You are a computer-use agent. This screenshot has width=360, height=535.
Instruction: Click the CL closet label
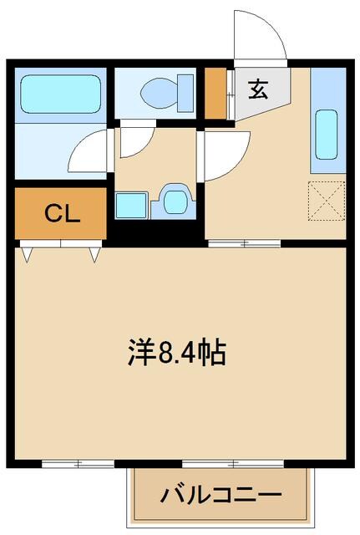point(61,214)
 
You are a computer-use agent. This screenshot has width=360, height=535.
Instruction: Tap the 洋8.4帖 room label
point(177,354)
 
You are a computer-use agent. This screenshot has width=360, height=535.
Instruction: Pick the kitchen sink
point(327,133)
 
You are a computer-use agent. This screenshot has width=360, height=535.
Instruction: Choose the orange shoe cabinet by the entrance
point(215,93)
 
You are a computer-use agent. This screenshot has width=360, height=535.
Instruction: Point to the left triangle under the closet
point(28,252)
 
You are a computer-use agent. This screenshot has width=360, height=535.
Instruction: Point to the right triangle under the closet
point(94,252)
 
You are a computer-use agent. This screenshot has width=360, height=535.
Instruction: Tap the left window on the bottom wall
point(78,463)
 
